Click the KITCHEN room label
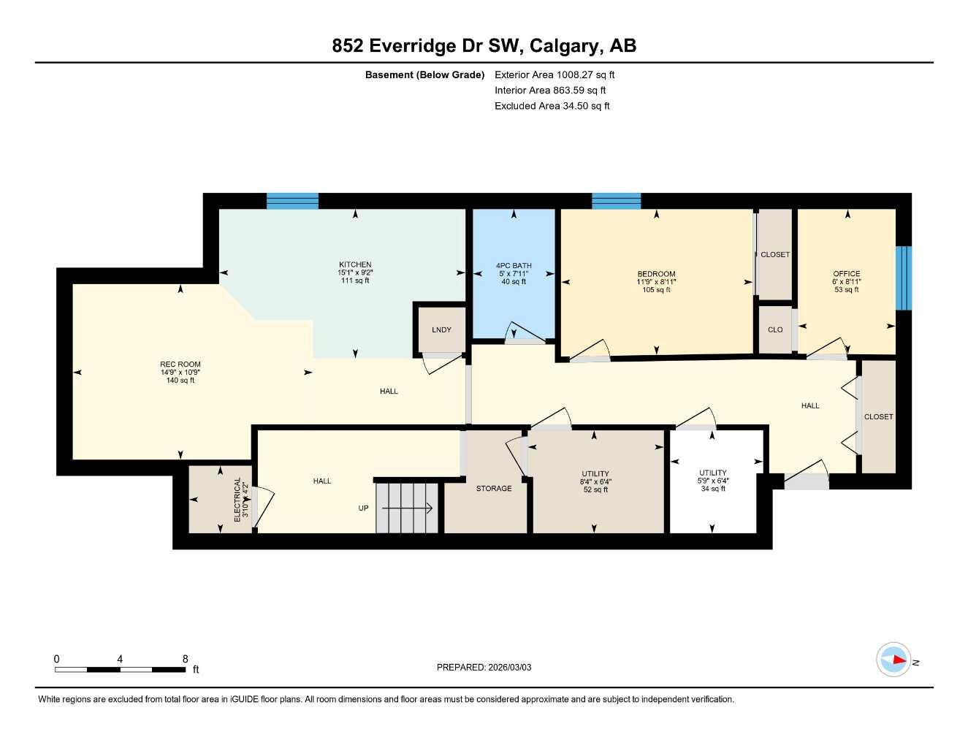pyautogui.click(x=355, y=265)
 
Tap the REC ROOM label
pyautogui.click(x=180, y=365)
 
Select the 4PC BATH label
pyautogui.click(x=514, y=266)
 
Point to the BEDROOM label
pyautogui.click(x=656, y=275)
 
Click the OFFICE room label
pyautogui.click(x=847, y=274)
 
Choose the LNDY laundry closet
pyautogui.click(x=441, y=330)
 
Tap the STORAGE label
pyautogui.click(x=494, y=489)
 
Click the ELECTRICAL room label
pyautogui.click(x=237, y=499)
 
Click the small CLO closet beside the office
pyautogui.click(x=775, y=330)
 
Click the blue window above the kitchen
pyautogui.click(x=292, y=201)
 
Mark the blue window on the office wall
pyautogui.click(x=904, y=278)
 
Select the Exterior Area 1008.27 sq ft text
pyautogui.click(x=554, y=75)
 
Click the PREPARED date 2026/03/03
pyautogui.click(x=484, y=667)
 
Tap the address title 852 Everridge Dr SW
pyautogui.click(x=484, y=45)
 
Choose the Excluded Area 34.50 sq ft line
pyautogui.click(x=552, y=106)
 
